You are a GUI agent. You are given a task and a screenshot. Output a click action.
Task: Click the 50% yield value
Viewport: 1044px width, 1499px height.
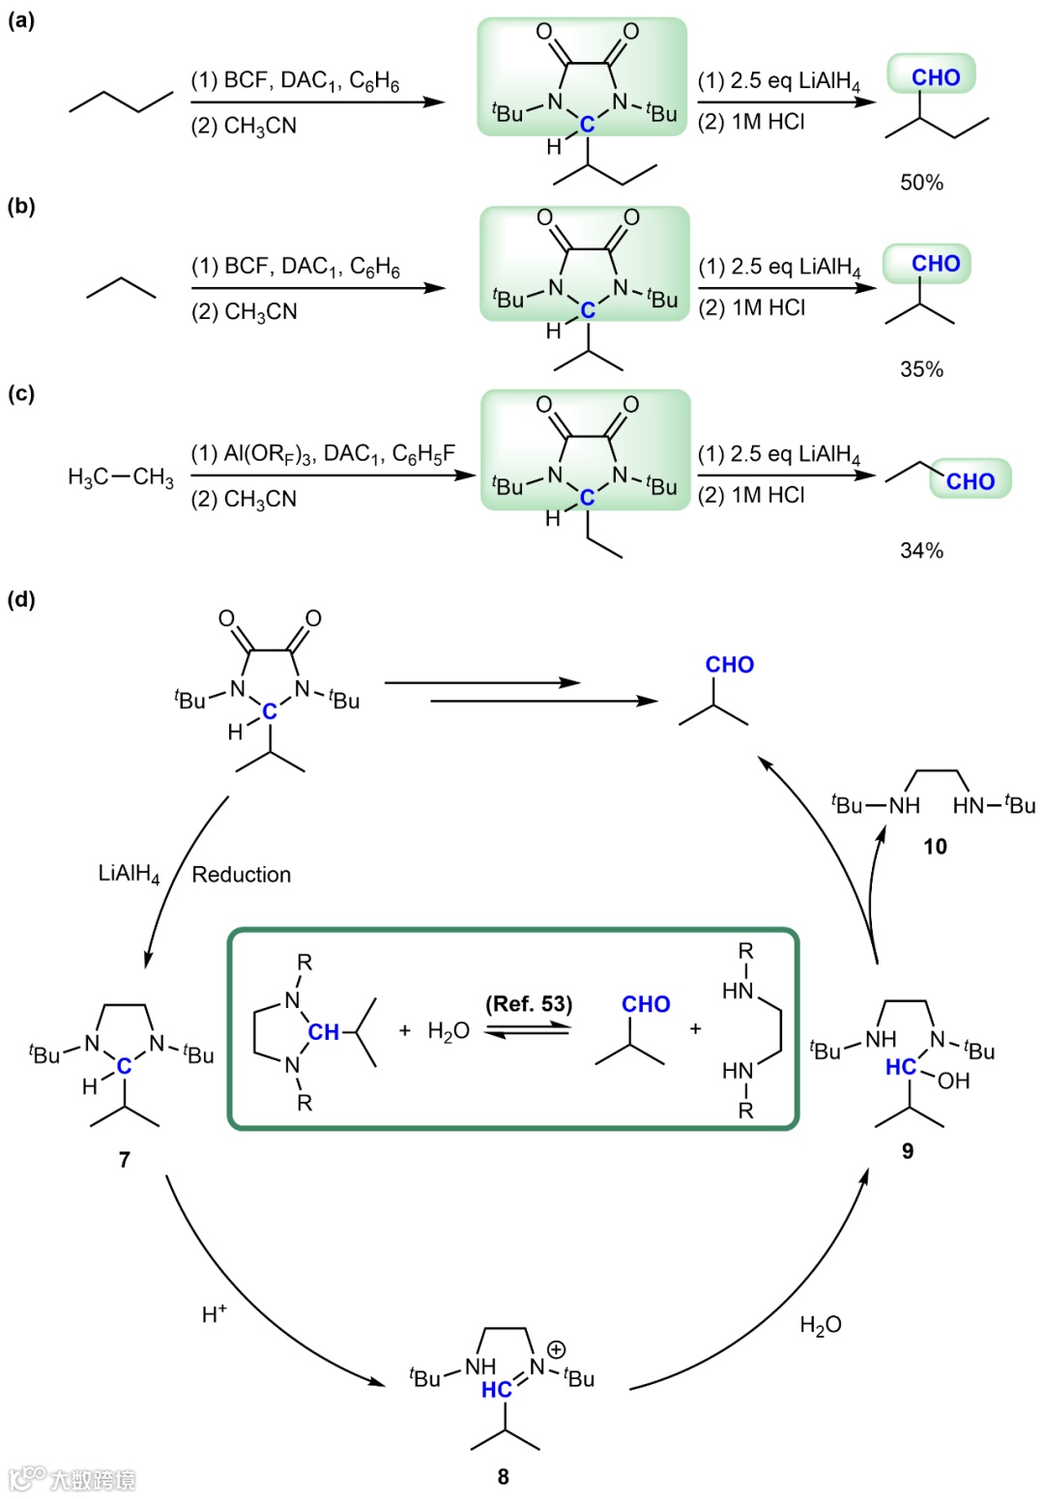[x=921, y=183]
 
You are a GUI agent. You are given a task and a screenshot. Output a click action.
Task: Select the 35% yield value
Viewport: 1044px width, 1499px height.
[x=921, y=369]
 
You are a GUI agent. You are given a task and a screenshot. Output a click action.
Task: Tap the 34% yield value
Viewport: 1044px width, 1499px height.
[x=921, y=551]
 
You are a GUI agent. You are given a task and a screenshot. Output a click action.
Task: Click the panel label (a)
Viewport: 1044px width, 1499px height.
[x=21, y=20]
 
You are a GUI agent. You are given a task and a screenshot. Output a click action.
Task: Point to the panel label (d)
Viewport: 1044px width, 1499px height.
[x=21, y=599]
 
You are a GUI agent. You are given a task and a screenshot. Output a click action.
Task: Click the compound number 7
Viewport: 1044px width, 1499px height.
[x=125, y=1160]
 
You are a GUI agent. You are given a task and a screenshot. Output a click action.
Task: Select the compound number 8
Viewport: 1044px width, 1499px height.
[x=503, y=1477]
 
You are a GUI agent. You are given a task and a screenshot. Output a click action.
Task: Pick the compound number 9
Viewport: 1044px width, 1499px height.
[x=908, y=1151]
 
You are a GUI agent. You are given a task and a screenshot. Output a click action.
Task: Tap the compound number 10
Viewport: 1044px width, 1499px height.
[x=935, y=847]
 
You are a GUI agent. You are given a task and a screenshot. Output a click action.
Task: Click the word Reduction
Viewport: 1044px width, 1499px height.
[x=242, y=875]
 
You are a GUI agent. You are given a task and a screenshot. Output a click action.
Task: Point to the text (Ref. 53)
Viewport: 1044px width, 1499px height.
[x=529, y=1004]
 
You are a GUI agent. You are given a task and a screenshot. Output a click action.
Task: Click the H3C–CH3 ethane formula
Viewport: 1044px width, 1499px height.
[x=121, y=477]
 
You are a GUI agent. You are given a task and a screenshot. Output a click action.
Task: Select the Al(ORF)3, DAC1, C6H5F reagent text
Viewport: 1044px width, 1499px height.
[x=323, y=454]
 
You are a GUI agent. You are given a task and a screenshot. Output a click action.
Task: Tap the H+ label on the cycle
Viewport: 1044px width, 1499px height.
[x=215, y=1313]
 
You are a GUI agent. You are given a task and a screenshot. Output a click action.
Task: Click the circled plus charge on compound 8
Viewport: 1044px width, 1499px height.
[x=557, y=1349]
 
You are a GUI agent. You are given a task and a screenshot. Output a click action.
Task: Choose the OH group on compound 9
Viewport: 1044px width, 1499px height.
[x=953, y=1081]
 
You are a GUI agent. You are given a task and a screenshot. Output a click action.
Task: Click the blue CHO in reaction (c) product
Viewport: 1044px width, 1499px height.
[x=970, y=481]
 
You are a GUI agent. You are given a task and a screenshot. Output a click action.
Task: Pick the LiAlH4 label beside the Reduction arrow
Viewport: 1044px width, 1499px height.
[x=130, y=875]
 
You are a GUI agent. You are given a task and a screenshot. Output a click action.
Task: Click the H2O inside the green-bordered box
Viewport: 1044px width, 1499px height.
[x=449, y=1031]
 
